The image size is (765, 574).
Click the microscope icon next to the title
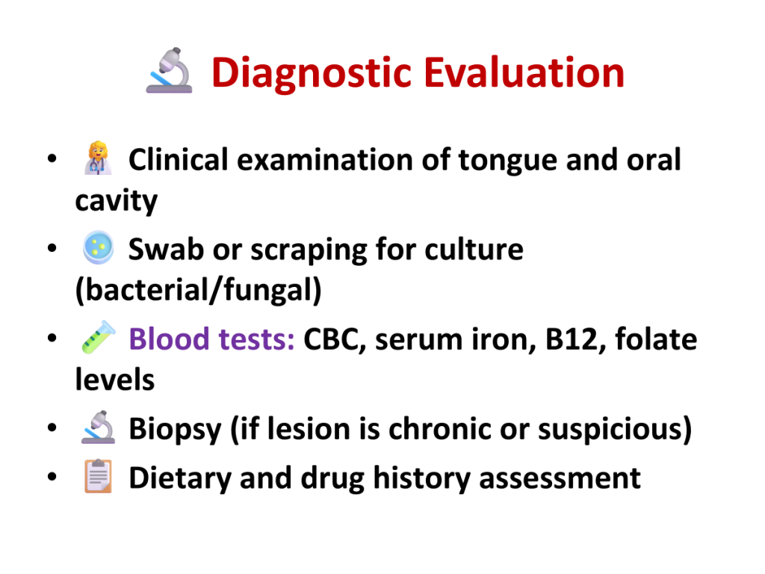[x=170, y=70]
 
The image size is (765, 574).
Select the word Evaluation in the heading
[x=524, y=72]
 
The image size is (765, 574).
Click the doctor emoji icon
[x=98, y=158]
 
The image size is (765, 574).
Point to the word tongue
[x=507, y=161]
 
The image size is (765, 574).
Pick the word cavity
[x=116, y=201]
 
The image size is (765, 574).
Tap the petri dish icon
[x=98, y=247]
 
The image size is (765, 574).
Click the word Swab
[x=166, y=249]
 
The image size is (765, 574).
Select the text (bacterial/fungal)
[x=199, y=290]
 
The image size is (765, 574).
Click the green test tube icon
[x=98, y=337]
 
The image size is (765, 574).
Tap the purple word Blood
[x=169, y=339]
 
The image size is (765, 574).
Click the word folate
[x=656, y=339]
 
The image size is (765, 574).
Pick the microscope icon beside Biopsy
[x=98, y=427]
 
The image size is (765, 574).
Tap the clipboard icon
[x=98, y=476]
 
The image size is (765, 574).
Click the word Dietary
[x=180, y=478]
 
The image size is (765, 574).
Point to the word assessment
[x=560, y=478]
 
